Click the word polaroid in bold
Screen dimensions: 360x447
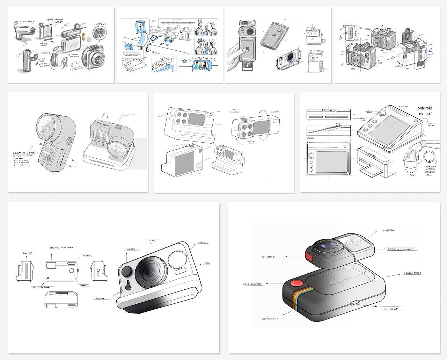click(x=424, y=108)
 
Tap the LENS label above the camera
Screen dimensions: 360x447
click(x=152, y=241)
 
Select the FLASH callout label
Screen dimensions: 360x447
click(x=202, y=242)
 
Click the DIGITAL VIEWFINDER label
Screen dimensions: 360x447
click(x=61, y=247)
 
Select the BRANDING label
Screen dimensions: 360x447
click(x=269, y=319)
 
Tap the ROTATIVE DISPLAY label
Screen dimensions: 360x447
click(x=400, y=249)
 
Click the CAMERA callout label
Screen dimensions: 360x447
click(x=388, y=230)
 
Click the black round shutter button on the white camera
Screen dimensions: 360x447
click(x=126, y=271)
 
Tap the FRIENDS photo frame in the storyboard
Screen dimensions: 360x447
click(x=205, y=65)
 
